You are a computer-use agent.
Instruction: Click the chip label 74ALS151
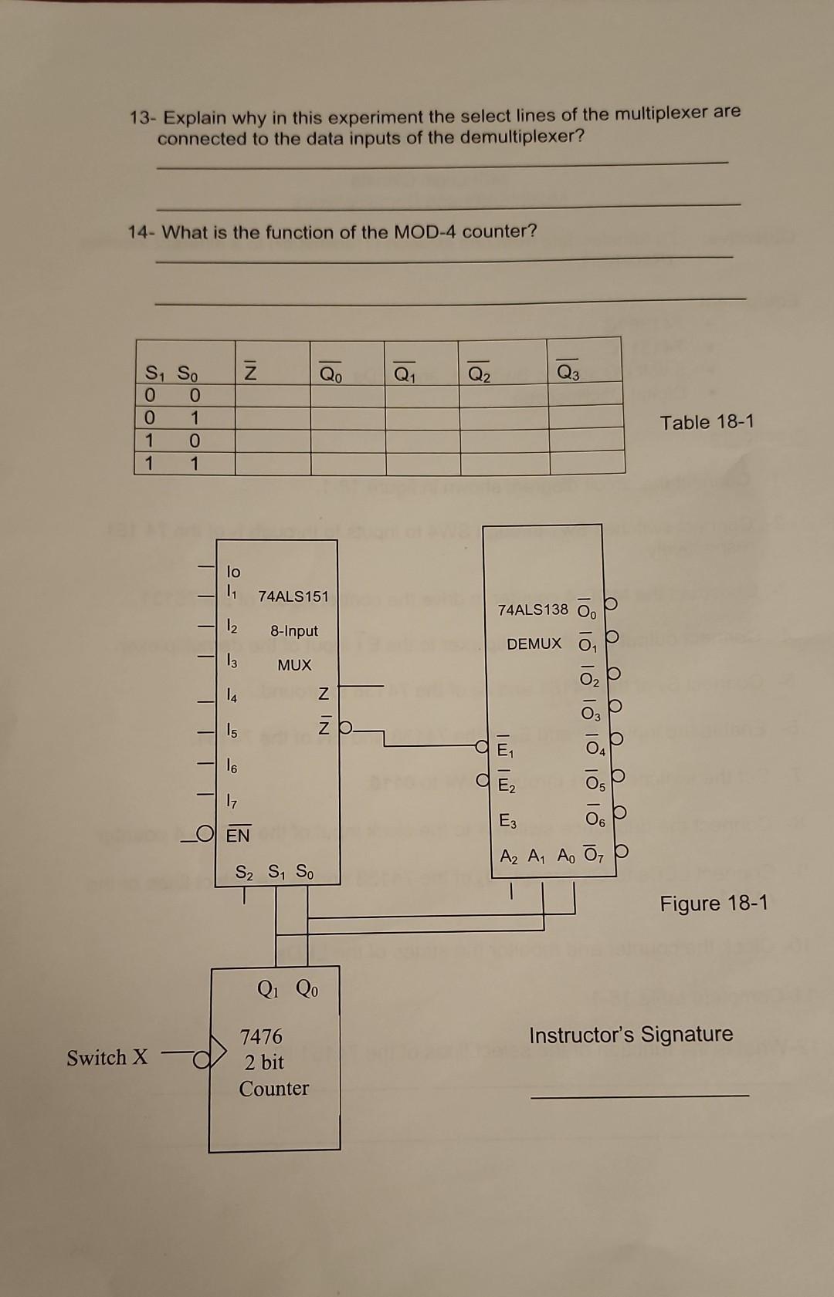coord(293,596)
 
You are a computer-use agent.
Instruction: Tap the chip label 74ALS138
coord(532,610)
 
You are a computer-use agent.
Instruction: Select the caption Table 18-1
coord(707,422)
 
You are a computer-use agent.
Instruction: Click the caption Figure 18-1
coord(714,904)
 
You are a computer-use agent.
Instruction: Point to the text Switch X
coord(107,1057)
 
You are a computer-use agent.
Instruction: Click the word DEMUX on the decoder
coord(534,643)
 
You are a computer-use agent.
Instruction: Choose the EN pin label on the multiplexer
coord(238,835)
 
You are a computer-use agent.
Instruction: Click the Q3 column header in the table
coord(567,373)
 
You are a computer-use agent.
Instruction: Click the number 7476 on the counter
coord(261,1036)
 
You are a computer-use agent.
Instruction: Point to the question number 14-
coord(142,233)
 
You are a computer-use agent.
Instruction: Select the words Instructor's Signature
coord(631,1035)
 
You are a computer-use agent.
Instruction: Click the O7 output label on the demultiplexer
coord(592,855)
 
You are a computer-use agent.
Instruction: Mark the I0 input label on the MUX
coord(233,572)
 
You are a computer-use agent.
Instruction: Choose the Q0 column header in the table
coord(331,374)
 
